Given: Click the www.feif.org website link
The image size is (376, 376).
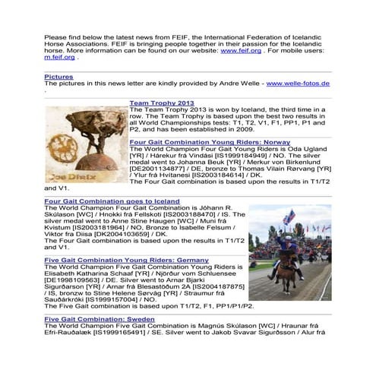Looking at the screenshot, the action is pyautogui.click(x=236, y=50).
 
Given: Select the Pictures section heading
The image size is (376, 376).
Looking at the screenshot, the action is pyautogui.click(x=58, y=77).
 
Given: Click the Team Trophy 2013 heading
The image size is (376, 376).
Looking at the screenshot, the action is pyautogui.click(x=162, y=102).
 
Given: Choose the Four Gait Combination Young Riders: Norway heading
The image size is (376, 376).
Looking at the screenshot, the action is pyautogui.click(x=210, y=141).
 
